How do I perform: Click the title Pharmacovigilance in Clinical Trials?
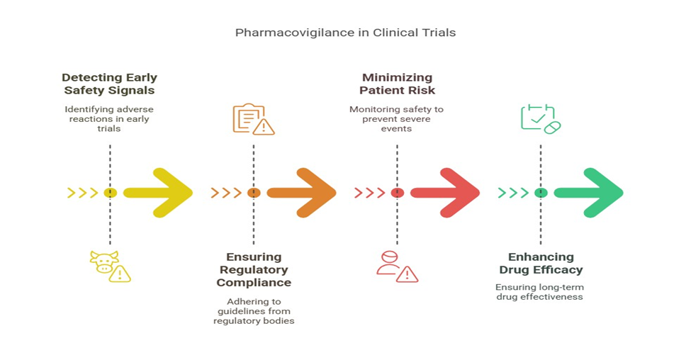tap(345, 33)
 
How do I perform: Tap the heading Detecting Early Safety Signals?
tap(109, 84)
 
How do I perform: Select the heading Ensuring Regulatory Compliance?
tap(254, 269)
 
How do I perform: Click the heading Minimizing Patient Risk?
tap(398, 84)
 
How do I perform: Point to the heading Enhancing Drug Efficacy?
tap(541, 263)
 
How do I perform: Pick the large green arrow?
tap(589, 193)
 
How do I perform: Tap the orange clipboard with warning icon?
tap(253, 119)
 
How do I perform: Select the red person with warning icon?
tap(396, 266)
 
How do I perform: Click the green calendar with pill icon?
tap(540, 118)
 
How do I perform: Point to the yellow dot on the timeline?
tap(110, 193)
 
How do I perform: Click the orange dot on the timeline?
tap(254, 193)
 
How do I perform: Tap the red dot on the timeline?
tap(397, 193)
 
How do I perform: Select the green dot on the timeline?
tap(541, 193)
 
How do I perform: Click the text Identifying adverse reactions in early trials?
tap(109, 119)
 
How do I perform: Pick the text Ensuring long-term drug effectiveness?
tap(539, 292)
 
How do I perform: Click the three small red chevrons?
tap(369, 193)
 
